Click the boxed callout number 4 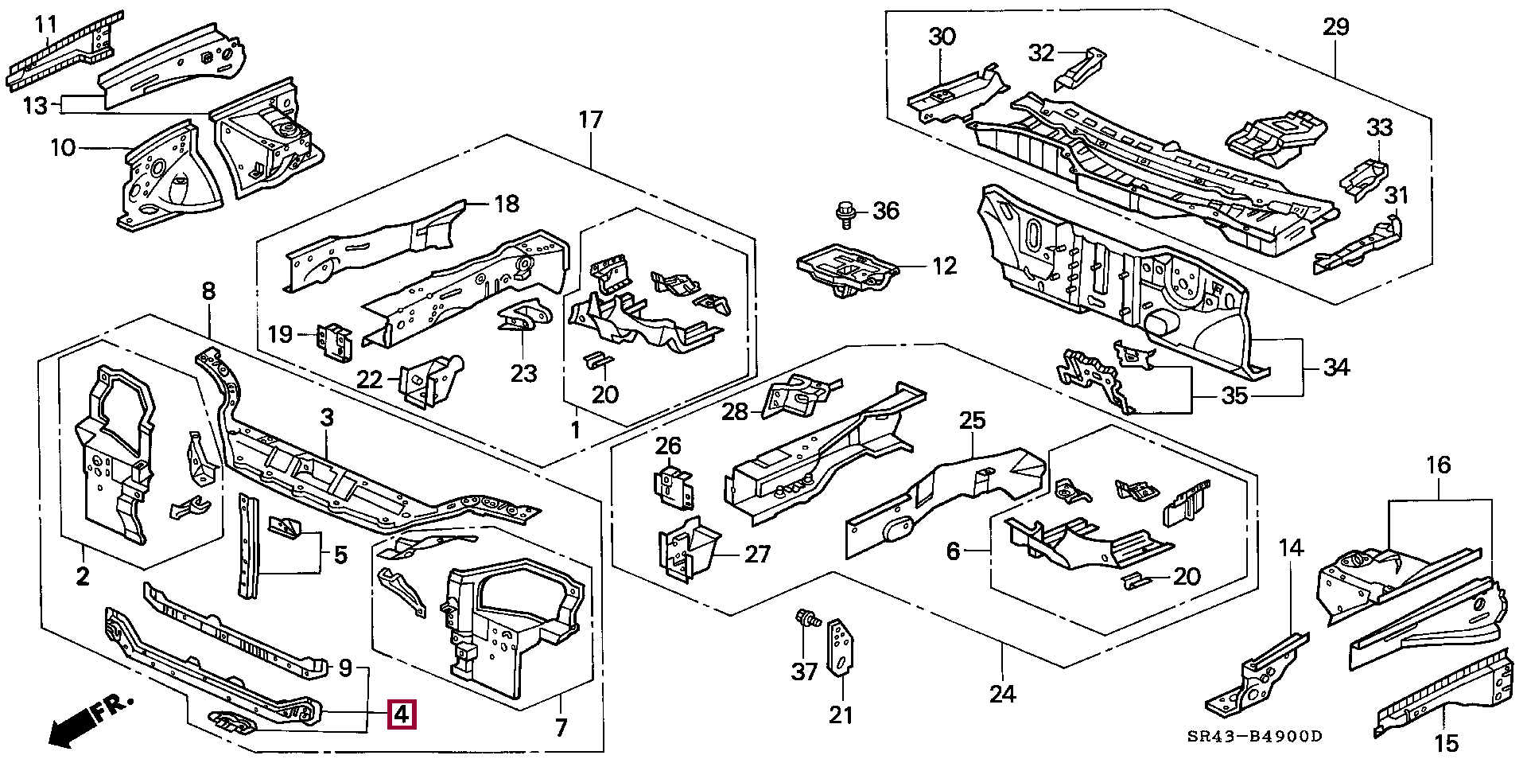401,714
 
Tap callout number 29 1336,27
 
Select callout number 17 590,121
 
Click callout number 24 1002,694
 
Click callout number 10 62,147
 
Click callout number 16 1439,465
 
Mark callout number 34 1336,368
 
